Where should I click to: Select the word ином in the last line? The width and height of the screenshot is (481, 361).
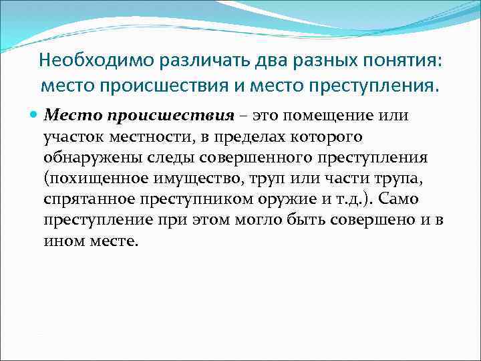pyautogui.click(x=60, y=243)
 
